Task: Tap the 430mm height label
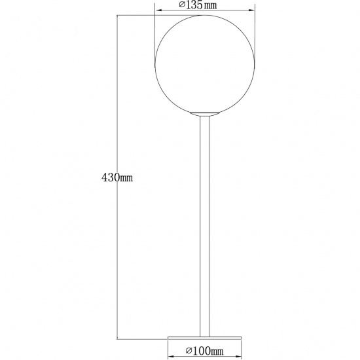coord(117,177)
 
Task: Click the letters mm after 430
coord(126,177)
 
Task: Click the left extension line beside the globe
coord(154,39)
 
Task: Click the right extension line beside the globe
coord(254,39)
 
